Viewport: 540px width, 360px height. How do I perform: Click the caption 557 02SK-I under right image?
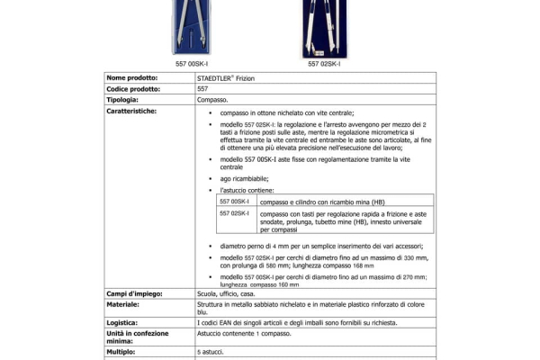324,64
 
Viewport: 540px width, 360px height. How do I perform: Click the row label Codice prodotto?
135,89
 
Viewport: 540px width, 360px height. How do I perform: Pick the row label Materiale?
126,304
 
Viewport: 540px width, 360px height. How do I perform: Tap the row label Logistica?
125,320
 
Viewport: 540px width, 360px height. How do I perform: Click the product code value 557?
202,89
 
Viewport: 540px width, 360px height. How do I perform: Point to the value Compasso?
212,100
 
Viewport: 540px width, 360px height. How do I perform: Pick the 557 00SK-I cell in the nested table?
234,202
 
